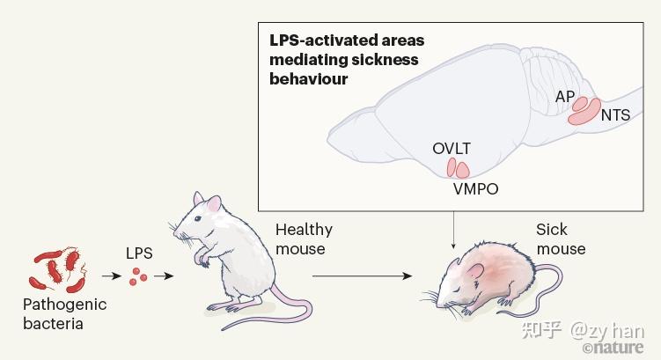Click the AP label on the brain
(565, 97)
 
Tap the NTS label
(615, 115)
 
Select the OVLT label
(452, 149)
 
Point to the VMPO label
(475, 189)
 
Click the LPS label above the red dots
(139, 253)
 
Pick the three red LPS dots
(138, 276)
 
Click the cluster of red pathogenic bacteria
(58, 270)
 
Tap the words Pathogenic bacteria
(65, 314)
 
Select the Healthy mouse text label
(304, 239)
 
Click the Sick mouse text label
(561, 239)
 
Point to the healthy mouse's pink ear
(214, 204)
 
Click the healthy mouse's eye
(197, 218)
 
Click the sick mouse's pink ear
(474, 273)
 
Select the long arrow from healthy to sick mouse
(362, 276)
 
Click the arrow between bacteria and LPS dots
(111, 276)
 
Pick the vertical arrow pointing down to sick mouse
(453, 230)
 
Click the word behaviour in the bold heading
(309, 79)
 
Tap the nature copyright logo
(613, 348)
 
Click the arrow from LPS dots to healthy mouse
(164, 276)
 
